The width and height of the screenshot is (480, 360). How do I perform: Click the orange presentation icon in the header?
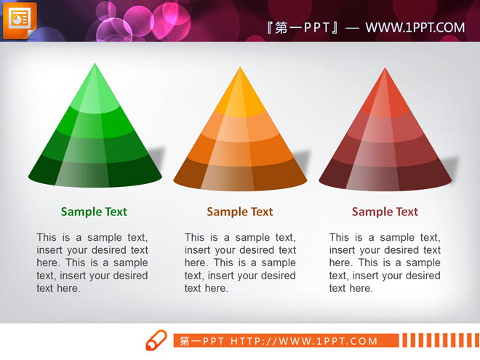click(x=20, y=20)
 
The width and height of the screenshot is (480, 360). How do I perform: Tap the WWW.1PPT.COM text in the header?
click(x=415, y=28)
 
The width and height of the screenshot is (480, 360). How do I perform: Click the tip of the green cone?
click(x=95, y=64)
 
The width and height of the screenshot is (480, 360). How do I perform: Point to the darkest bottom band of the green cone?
click(x=95, y=172)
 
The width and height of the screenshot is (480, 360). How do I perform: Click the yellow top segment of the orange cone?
click(x=240, y=95)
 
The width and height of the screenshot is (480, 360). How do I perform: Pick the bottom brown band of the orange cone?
click(x=240, y=176)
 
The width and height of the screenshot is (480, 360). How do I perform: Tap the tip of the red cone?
click(x=385, y=68)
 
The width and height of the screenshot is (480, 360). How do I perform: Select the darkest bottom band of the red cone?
click(x=385, y=176)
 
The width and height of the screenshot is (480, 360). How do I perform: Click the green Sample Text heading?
click(x=94, y=212)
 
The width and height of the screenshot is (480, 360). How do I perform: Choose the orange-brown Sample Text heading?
click(x=240, y=212)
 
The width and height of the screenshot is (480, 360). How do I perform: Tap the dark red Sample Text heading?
click(x=385, y=212)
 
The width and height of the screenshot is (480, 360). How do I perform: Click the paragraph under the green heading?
click(x=92, y=263)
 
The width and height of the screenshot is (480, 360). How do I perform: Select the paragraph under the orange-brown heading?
click(x=240, y=263)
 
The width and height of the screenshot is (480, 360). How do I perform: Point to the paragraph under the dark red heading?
click(x=385, y=263)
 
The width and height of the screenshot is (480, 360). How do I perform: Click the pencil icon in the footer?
click(x=156, y=340)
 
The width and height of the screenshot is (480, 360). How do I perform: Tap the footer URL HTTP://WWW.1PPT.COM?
click(x=304, y=341)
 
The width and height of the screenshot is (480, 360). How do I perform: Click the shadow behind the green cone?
click(x=157, y=157)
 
